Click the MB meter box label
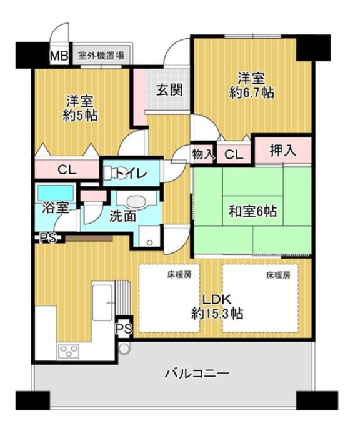[59, 56]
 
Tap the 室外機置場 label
[101, 56]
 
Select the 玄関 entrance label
[169, 89]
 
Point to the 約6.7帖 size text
[252, 93]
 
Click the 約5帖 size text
[80, 116]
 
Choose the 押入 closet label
[282, 151]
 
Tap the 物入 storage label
[203, 154]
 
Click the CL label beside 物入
[234, 155]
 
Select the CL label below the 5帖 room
[67, 170]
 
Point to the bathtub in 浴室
[56, 193]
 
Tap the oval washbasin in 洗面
[136, 202]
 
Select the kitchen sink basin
[102, 302]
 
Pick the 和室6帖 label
[252, 212]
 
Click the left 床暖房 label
[179, 274]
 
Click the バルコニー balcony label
[197, 374]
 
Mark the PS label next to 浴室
[48, 238]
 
